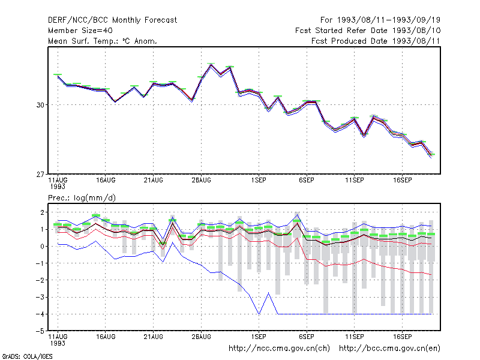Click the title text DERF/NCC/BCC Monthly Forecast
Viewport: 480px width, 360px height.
click(112, 20)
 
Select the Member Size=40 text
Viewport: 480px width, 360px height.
click(80, 31)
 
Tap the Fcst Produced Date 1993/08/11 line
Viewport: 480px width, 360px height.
click(376, 41)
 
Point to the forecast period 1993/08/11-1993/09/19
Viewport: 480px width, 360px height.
click(380, 20)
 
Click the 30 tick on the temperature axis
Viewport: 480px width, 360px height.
click(40, 105)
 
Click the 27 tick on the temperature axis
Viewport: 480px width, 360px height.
click(40, 175)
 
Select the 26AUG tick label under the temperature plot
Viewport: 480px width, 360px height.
click(202, 181)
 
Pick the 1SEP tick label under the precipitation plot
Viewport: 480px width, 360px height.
click(259, 337)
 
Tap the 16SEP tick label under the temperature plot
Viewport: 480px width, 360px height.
click(402, 181)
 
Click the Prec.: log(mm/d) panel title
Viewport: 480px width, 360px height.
click(82, 198)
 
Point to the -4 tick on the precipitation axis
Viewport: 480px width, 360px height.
click(40, 314)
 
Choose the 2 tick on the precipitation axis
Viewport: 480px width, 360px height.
click(42, 212)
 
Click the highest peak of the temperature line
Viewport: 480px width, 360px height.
click(211, 64)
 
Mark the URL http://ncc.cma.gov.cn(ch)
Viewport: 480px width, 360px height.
click(279, 349)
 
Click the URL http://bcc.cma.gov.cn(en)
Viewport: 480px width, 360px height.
click(389, 349)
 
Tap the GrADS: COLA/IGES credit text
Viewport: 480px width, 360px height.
click(28, 356)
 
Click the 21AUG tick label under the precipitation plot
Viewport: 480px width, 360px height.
click(154, 337)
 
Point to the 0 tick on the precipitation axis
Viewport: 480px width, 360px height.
click(42, 247)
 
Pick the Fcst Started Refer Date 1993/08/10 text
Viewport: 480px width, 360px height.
click(368, 31)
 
